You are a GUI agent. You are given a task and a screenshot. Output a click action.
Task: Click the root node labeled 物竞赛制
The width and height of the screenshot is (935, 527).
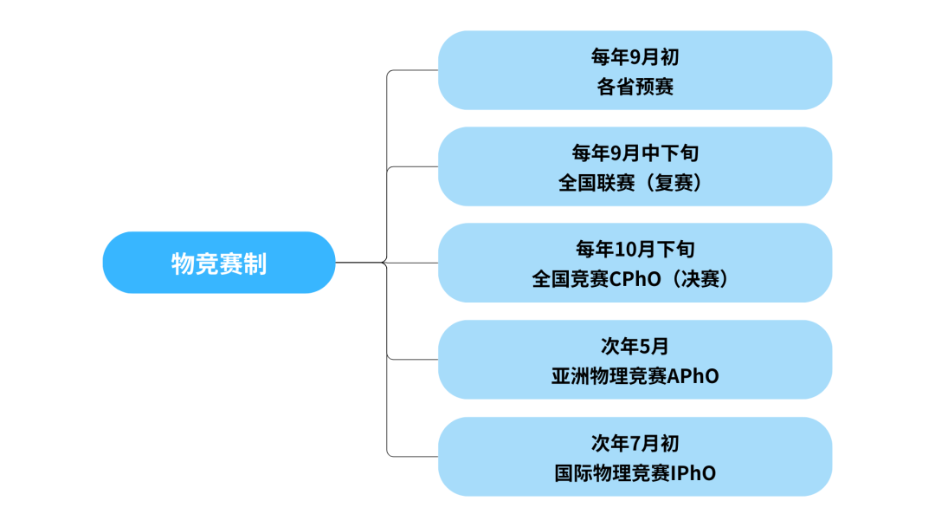pos(218,263)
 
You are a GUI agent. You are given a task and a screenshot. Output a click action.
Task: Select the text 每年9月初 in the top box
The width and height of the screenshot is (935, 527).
pos(635,57)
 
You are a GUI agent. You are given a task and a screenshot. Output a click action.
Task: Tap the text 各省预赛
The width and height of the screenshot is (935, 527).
pos(635,87)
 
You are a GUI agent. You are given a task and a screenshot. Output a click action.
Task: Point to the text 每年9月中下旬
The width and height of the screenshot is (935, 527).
pos(635,153)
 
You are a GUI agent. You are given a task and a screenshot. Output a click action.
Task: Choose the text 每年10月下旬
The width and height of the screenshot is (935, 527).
pos(635,250)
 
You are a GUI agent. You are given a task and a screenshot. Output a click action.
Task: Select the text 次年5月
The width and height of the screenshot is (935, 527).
pos(635,346)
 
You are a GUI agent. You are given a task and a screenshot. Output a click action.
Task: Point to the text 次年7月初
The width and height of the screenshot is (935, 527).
pos(635,443)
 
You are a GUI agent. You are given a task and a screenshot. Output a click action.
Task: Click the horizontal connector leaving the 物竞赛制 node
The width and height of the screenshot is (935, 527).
pos(359,263)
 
